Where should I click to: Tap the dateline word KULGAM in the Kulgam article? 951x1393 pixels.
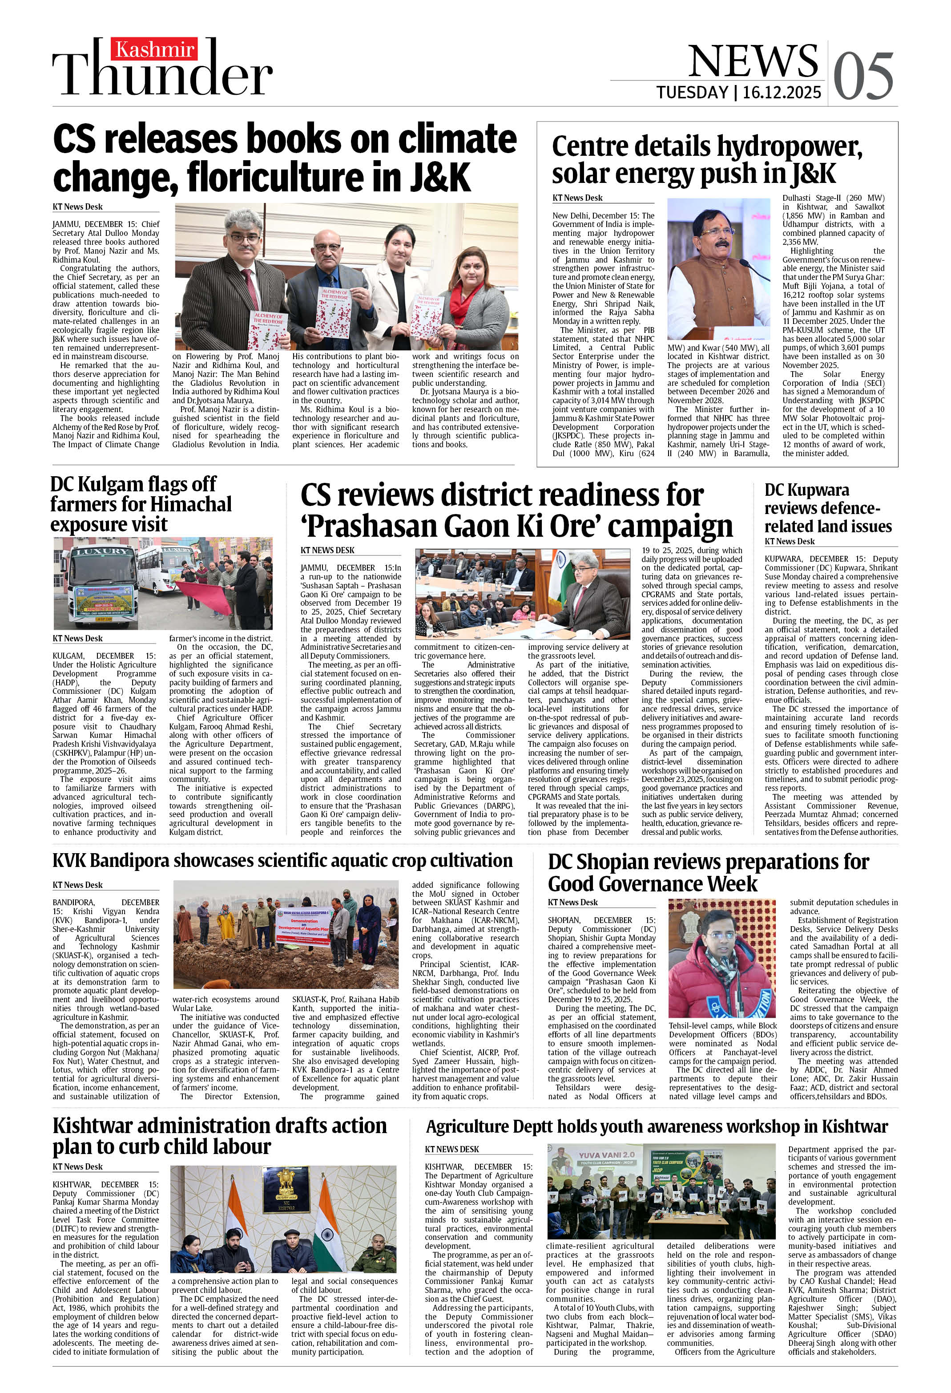71,656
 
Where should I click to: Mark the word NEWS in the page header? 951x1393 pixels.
753,60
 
